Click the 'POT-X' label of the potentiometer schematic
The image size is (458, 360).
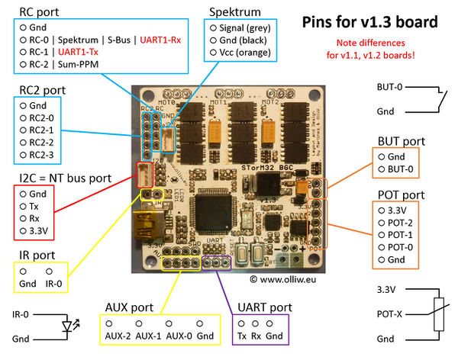[x=391, y=314]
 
